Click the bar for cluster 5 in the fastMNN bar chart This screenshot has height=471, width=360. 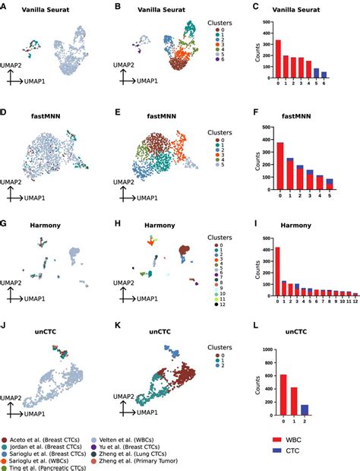329,183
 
